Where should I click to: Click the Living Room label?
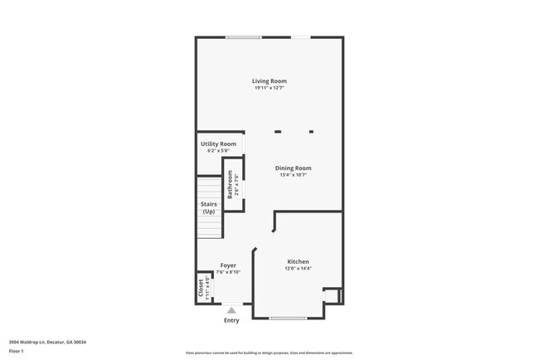coord(269,81)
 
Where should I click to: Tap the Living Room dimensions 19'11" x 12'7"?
coord(269,88)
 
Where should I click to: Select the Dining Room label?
coord(294,168)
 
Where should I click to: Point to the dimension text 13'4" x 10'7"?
coord(294,175)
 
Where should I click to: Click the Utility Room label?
coord(218,144)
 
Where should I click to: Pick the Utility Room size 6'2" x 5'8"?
coord(218,151)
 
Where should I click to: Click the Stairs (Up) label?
coord(208,207)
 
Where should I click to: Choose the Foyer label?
coord(228,265)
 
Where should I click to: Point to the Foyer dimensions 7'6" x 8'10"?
coord(228,272)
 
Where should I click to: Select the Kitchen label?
coord(299,261)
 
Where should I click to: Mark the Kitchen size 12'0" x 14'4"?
coord(299,268)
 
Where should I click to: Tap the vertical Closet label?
coord(201,287)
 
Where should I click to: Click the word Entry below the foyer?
coord(231,320)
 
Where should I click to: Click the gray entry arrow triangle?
coord(231,310)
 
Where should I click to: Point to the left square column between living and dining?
coord(278,131)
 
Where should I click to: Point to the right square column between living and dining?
coord(312,131)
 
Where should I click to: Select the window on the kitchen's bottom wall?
coord(288,318)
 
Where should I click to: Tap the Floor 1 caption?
coord(17,351)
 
